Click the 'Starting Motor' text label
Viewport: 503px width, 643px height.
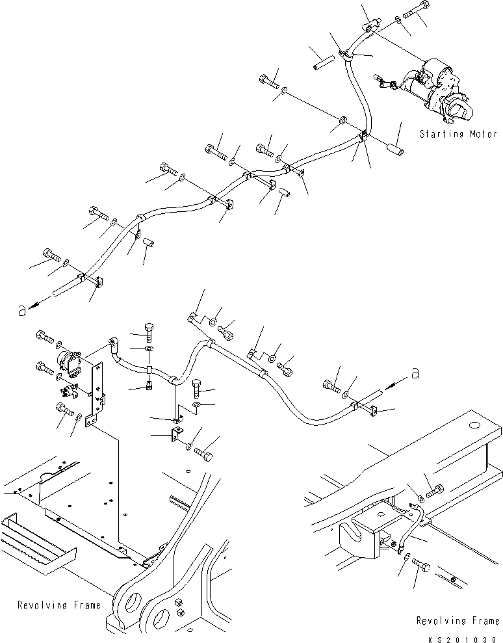pyautogui.click(x=458, y=135)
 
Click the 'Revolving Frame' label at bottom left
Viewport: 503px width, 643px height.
pyautogui.click(x=59, y=605)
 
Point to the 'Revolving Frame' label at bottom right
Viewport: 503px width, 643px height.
pyautogui.click(x=458, y=622)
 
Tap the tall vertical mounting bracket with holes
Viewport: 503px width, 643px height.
pyautogui.click(x=98, y=390)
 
